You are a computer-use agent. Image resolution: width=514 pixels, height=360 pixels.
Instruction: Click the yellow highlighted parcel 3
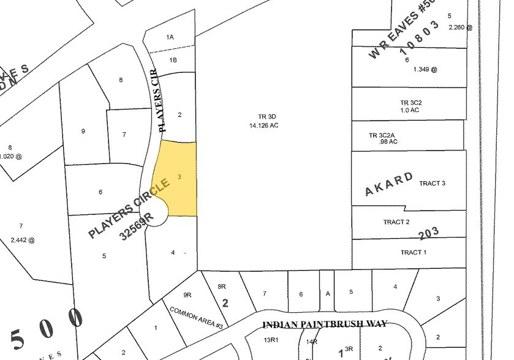point(178,178)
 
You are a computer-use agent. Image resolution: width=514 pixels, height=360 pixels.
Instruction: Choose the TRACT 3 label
point(432,183)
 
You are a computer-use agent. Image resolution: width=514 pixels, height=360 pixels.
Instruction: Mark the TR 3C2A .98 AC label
point(384,138)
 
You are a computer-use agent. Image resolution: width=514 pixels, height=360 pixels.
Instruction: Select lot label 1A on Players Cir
point(170,37)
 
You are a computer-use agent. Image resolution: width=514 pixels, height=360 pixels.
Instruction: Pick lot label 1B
point(173,60)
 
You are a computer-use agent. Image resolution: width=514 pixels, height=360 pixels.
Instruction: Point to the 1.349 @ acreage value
point(425,69)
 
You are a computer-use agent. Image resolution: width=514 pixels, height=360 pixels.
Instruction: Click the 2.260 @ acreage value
point(461,27)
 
